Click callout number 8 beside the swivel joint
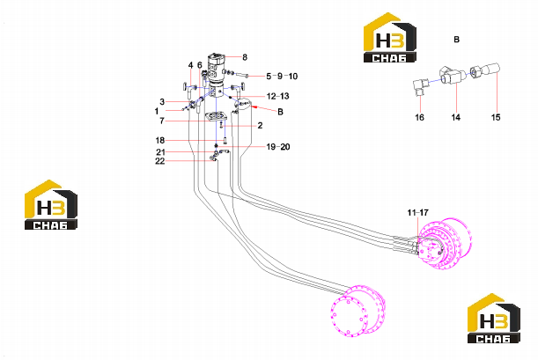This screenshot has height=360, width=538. (245, 57)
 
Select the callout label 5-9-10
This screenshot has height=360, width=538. (282, 76)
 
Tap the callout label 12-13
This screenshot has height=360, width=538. (278, 96)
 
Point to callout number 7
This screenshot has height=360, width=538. (162, 121)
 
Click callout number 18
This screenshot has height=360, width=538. (160, 140)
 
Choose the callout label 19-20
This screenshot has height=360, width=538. (278, 147)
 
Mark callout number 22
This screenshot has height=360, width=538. (160, 161)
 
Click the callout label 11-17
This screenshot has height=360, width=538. (418, 213)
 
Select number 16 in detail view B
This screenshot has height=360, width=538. (420, 117)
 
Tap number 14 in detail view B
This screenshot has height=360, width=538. (455, 117)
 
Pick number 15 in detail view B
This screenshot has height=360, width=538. (496, 117)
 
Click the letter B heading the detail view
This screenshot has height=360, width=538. (456, 40)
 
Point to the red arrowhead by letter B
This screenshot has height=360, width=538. (254, 107)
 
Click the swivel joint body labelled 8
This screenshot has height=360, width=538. (217, 70)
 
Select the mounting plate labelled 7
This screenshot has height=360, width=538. (215, 117)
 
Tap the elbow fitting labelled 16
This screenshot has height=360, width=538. (420, 87)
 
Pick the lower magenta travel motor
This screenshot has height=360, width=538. (357, 310)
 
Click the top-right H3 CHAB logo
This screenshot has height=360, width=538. (390, 38)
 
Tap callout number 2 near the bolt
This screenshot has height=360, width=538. (260, 126)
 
